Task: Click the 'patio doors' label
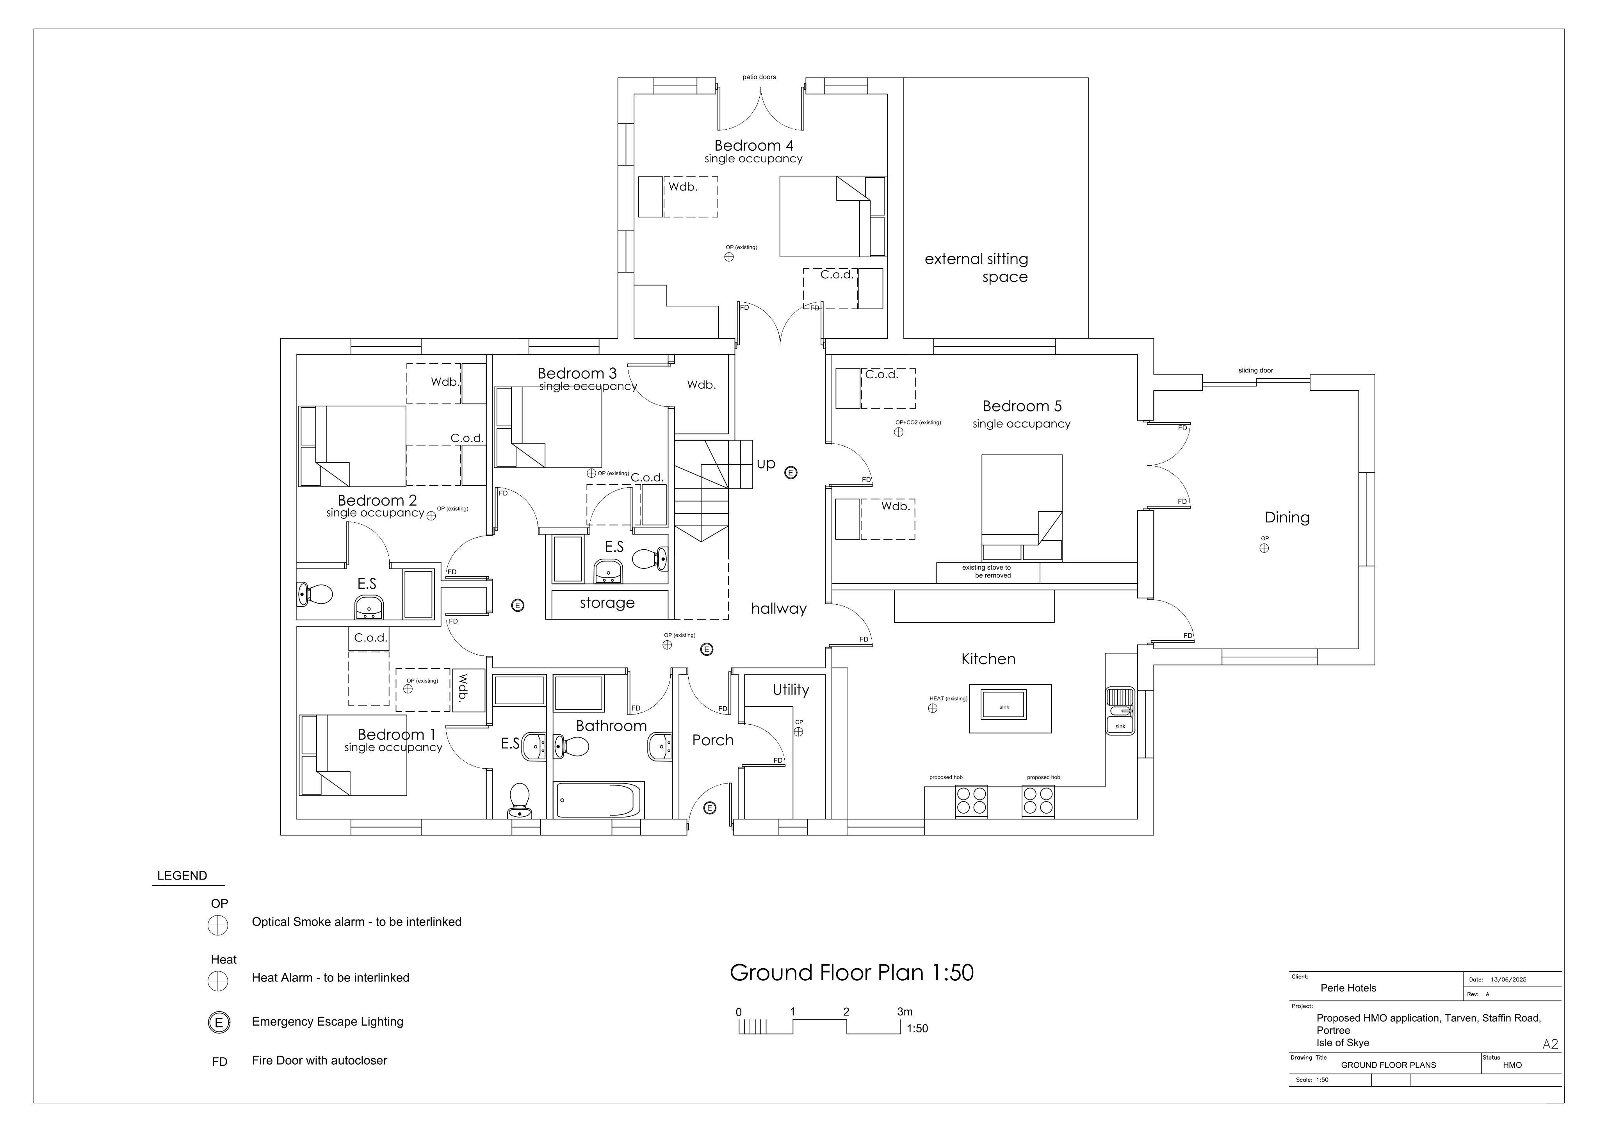point(759,77)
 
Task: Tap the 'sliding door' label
point(1256,370)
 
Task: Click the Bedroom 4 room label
point(753,146)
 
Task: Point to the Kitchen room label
point(988,659)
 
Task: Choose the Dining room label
point(1287,517)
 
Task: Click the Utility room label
point(791,689)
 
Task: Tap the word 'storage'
point(607,603)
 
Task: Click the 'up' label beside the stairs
point(766,464)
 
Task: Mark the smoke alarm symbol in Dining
point(1264,548)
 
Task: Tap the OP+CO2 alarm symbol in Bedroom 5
point(898,432)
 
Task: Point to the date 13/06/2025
point(1508,979)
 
